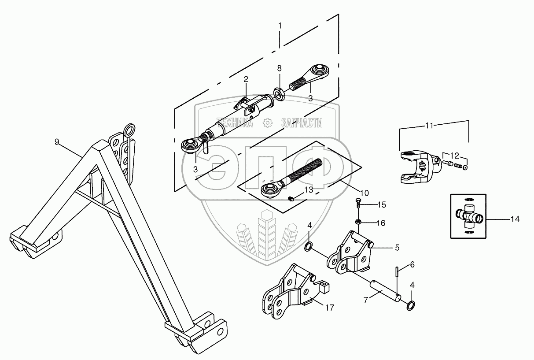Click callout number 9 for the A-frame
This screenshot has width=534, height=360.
click(x=56, y=141)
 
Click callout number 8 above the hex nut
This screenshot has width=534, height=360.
click(x=279, y=68)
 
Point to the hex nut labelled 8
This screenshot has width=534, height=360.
click(x=279, y=93)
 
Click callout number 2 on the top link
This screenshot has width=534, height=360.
click(x=246, y=79)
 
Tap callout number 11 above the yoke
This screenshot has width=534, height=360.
click(x=429, y=126)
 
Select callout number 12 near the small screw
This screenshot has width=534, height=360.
click(x=454, y=155)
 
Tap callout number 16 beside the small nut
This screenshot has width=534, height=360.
click(x=381, y=223)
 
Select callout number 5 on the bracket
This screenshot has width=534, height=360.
click(x=397, y=248)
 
